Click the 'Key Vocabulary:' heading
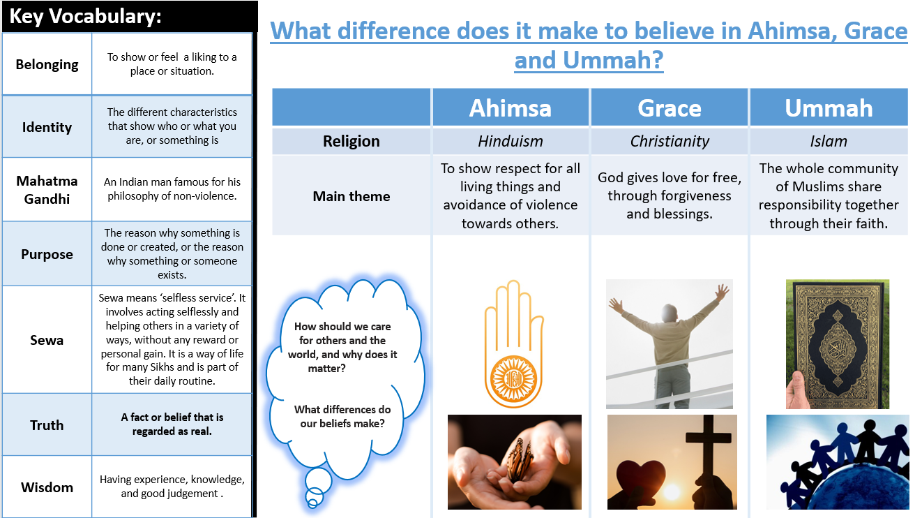(85, 17)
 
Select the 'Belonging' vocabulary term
(47, 65)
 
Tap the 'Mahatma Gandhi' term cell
(47, 190)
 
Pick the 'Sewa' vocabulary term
(47, 340)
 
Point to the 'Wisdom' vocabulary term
(47, 487)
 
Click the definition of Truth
(172, 424)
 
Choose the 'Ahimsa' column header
(510, 108)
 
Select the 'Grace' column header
(670, 108)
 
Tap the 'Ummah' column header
(829, 108)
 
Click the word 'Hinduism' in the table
(510, 141)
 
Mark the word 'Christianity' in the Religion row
(670, 141)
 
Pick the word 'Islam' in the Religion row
(829, 141)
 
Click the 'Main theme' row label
(351, 196)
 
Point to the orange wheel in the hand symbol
(514, 378)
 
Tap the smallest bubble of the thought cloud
(312, 503)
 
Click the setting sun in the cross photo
(672, 491)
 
